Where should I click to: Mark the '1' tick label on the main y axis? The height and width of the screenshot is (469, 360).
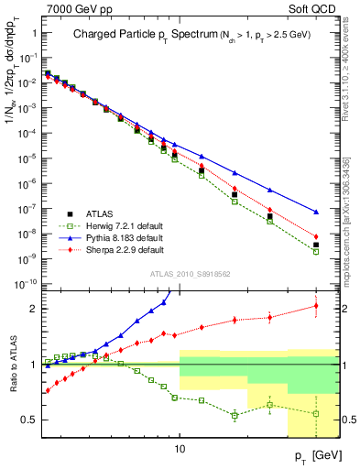[35, 33]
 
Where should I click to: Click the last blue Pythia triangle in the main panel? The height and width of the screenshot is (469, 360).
[316, 212]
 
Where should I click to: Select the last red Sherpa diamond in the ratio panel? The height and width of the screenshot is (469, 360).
[316, 306]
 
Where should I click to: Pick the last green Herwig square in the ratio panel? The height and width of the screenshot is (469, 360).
[316, 413]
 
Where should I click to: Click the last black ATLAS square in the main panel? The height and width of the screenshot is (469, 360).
[316, 245]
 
